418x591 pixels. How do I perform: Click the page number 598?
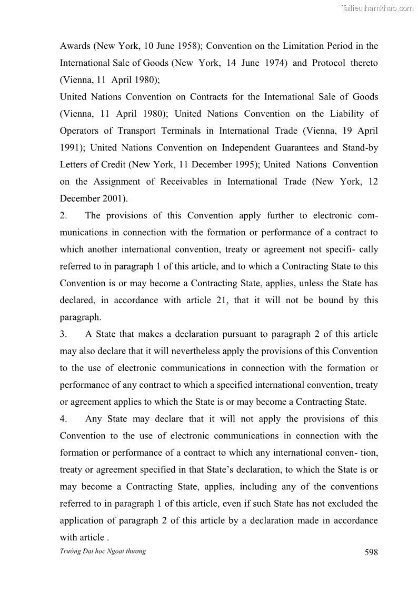[x=371, y=552]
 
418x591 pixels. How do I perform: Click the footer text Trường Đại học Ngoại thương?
[x=103, y=550]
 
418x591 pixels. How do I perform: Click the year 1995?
[x=244, y=164]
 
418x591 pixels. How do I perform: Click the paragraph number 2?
[x=63, y=215]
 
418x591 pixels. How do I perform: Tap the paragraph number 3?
[x=63, y=334]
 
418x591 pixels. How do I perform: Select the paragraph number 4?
[x=63, y=419]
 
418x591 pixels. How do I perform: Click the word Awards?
[x=75, y=46]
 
